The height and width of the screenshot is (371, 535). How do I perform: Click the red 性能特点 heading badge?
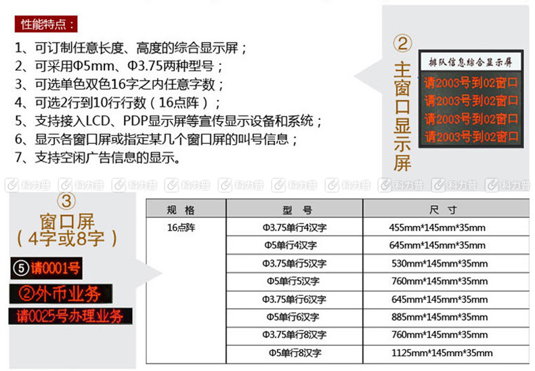click(46, 24)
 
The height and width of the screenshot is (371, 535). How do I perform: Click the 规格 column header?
click(181, 210)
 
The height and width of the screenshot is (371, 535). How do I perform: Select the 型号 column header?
click(297, 210)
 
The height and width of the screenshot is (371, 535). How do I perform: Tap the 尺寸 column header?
click(443, 210)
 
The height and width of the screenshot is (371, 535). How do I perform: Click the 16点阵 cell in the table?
click(181, 227)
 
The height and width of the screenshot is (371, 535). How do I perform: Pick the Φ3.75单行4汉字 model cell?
click(295, 227)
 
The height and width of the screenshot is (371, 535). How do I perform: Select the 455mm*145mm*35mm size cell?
click(437, 227)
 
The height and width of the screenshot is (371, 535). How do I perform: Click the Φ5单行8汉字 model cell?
click(295, 353)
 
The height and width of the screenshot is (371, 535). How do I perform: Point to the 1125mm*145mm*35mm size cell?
click(442, 353)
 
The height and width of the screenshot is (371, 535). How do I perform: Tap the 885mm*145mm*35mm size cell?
click(440, 317)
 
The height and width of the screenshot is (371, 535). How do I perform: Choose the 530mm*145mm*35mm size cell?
click(440, 263)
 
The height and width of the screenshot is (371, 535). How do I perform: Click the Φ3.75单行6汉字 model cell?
click(295, 299)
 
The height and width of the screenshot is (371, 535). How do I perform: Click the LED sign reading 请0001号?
click(47, 268)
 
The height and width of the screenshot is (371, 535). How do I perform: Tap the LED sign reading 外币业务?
click(61, 294)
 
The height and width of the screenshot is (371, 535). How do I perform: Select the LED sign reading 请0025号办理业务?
click(70, 316)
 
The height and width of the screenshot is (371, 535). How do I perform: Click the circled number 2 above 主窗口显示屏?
click(403, 43)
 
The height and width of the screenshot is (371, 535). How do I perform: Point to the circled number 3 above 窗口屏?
click(66, 201)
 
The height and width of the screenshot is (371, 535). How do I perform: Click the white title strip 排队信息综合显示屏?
click(471, 62)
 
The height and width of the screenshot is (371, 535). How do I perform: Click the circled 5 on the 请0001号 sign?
click(21, 268)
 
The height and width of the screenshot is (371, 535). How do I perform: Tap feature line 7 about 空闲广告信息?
click(98, 157)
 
